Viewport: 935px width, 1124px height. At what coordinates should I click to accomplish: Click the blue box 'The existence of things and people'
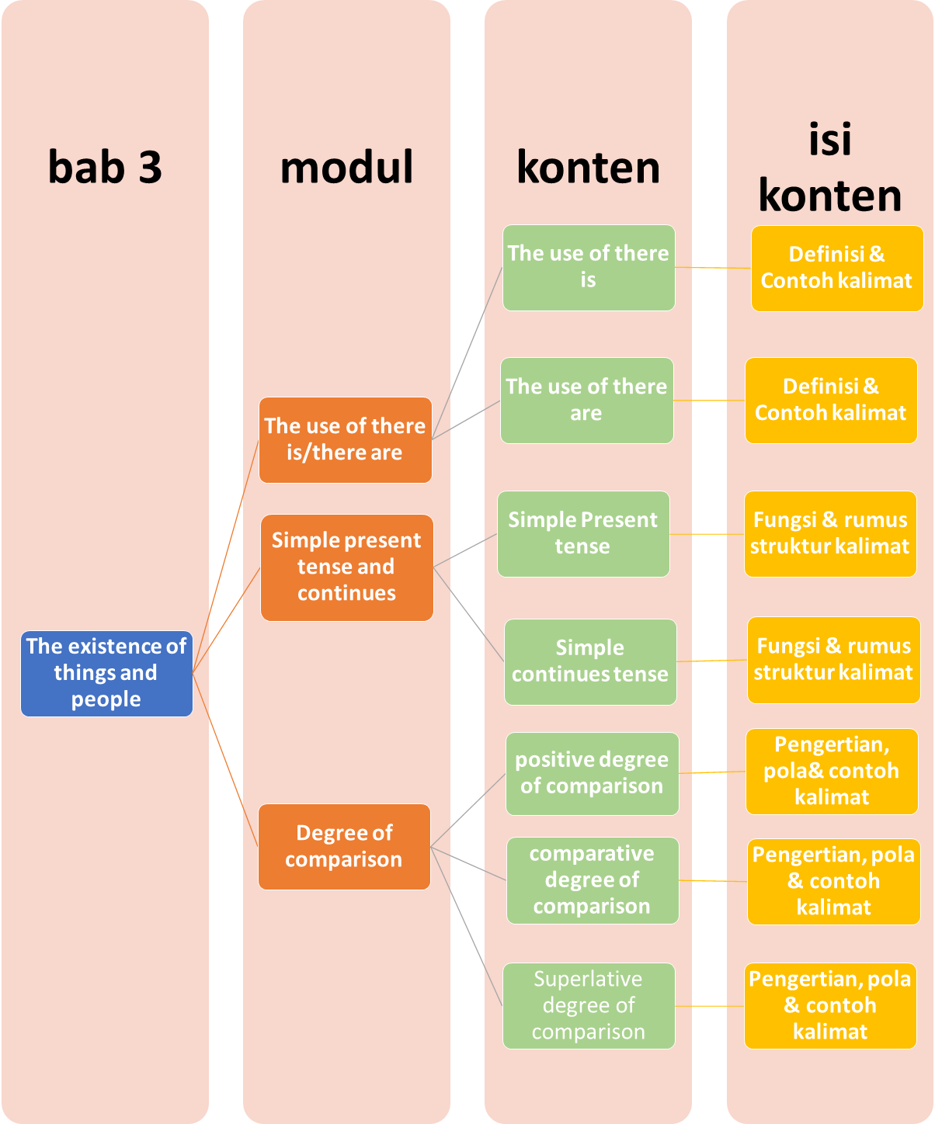click(x=106, y=673)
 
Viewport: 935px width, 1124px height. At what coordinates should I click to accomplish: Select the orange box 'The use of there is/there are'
click(x=345, y=439)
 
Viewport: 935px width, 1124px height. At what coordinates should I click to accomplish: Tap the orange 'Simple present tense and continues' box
click(x=346, y=567)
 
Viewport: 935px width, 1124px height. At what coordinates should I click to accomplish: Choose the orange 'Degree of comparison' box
click(x=344, y=846)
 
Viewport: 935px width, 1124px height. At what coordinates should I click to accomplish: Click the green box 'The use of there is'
click(x=589, y=267)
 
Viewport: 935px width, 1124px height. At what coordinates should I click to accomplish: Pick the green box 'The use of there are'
click(x=586, y=400)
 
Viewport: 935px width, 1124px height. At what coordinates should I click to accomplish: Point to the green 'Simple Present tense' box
click(x=583, y=533)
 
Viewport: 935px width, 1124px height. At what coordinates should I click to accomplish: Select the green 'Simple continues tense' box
click(x=590, y=661)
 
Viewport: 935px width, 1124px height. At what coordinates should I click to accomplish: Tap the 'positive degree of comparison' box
click(x=592, y=773)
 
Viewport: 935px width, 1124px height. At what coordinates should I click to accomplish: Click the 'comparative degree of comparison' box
click(x=593, y=880)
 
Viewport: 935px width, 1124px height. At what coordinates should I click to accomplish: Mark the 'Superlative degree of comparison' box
click(x=589, y=1005)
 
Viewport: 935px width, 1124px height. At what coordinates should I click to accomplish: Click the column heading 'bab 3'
click(x=105, y=167)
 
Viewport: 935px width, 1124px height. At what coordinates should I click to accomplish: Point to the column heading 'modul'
click(x=346, y=167)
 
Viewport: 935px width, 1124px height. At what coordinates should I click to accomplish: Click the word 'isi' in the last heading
click(x=830, y=140)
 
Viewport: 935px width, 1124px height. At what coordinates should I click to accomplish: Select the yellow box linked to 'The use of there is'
click(x=836, y=268)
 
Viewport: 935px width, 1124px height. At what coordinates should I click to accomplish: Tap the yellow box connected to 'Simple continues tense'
click(x=833, y=660)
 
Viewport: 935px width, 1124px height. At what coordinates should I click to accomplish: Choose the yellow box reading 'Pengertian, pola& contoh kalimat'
click(x=832, y=771)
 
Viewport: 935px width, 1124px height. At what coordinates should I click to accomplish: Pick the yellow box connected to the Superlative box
click(x=830, y=1005)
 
